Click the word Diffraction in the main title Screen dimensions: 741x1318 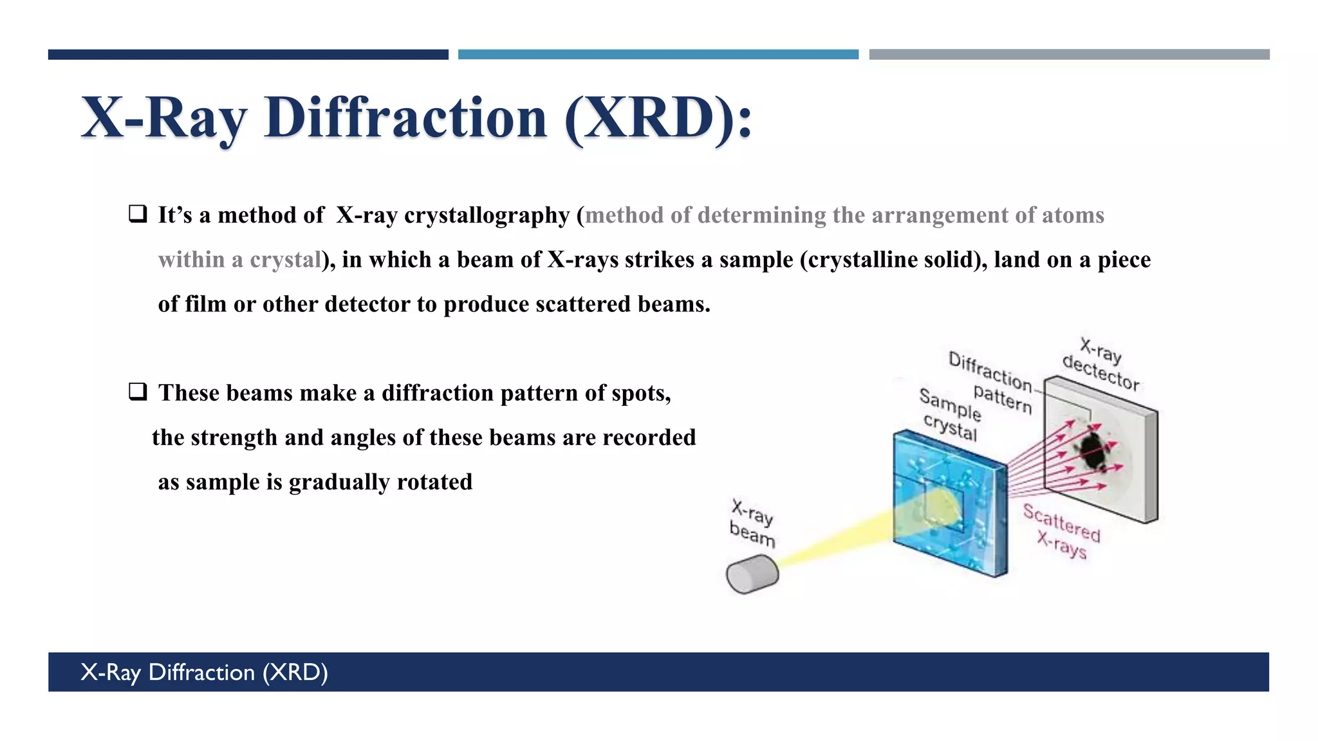tap(405, 118)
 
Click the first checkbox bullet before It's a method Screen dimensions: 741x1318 tap(138, 214)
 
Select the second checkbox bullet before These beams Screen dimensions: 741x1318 tap(138, 391)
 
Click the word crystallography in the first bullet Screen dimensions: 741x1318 tap(487, 215)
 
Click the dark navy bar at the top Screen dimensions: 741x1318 tap(248, 55)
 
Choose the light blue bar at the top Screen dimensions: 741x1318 tap(658, 55)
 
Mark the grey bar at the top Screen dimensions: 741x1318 tap(1069, 55)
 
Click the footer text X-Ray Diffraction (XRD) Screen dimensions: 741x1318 tap(204, 672)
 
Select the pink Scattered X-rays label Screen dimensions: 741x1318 tap(1062, 531)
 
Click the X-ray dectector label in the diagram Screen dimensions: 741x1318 tap(1101, 363)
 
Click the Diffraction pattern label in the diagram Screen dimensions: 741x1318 tap(991, 382)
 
